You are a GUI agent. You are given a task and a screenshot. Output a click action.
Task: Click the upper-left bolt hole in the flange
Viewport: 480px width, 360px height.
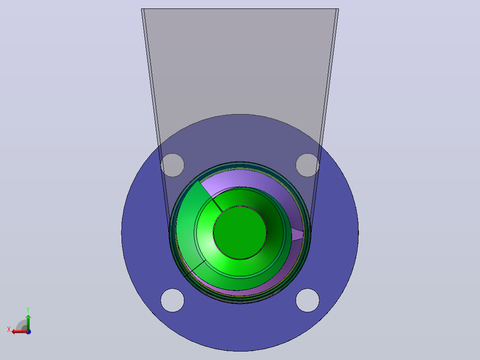[172, 165]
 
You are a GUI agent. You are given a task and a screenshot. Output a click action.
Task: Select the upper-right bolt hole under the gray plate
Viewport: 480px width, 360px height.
[307, 165]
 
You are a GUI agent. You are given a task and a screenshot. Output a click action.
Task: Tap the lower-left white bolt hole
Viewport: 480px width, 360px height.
[172, 300]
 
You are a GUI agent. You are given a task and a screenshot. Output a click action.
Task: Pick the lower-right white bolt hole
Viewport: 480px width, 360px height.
[307, 300]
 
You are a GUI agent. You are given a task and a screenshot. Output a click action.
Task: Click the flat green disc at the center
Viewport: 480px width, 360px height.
[240, 233]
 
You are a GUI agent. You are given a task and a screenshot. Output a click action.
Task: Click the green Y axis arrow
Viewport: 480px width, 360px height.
[28, 322]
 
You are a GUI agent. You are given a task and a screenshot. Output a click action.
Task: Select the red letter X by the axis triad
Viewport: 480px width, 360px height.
[9, 329]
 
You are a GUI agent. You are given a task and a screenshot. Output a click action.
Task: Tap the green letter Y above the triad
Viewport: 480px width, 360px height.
[28, 310]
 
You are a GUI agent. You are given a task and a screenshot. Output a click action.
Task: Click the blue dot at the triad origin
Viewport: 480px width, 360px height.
[28, 332]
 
